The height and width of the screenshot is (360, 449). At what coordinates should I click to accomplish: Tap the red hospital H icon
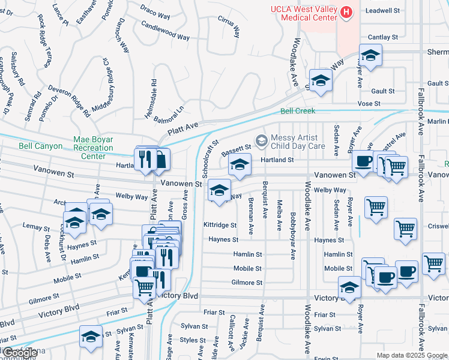pos(346,11)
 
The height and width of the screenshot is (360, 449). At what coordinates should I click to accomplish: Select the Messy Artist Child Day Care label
pos(299,141)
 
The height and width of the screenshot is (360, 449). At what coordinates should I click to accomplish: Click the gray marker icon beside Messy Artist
pos(261,140)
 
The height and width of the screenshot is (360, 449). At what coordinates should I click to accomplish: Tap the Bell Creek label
pos(298,111)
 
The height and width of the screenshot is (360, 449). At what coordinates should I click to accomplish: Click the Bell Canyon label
pos(41,145)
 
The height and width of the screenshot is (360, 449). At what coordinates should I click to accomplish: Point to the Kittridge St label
pos(220,224)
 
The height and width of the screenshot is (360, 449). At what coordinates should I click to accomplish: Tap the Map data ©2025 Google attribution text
pos(411,355)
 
